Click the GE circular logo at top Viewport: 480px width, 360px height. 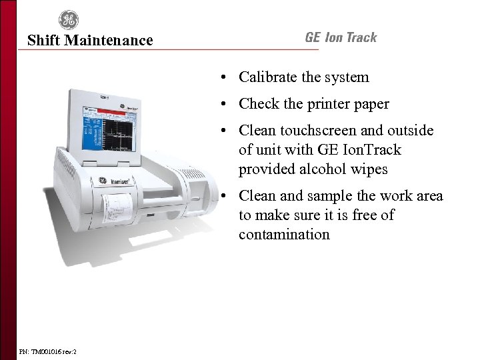[68, 20]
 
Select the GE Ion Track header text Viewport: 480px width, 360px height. [341, 37]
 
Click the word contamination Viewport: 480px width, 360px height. [284, 234]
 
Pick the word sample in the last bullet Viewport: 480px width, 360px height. [323, 196]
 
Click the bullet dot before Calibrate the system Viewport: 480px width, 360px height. [227, 78]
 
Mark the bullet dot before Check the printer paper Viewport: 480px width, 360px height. [227, 105]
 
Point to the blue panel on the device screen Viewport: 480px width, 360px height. [89, 130]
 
